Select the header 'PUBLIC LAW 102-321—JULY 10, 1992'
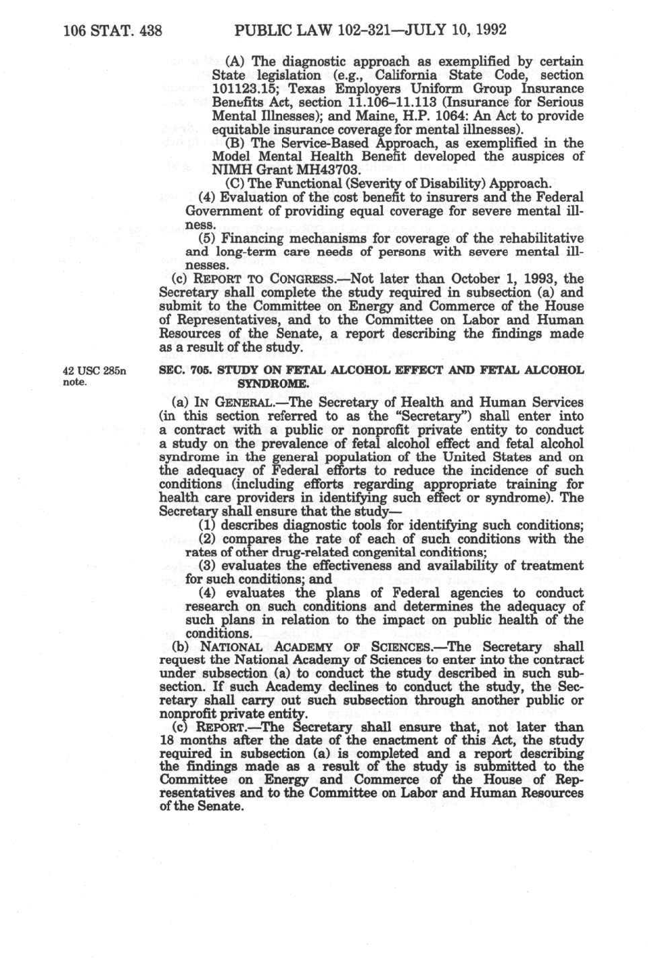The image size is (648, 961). click(x=369, y=30)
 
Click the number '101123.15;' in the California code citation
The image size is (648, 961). click(x=241, y=89)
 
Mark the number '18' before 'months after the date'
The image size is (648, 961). click(x=167, y=740)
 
